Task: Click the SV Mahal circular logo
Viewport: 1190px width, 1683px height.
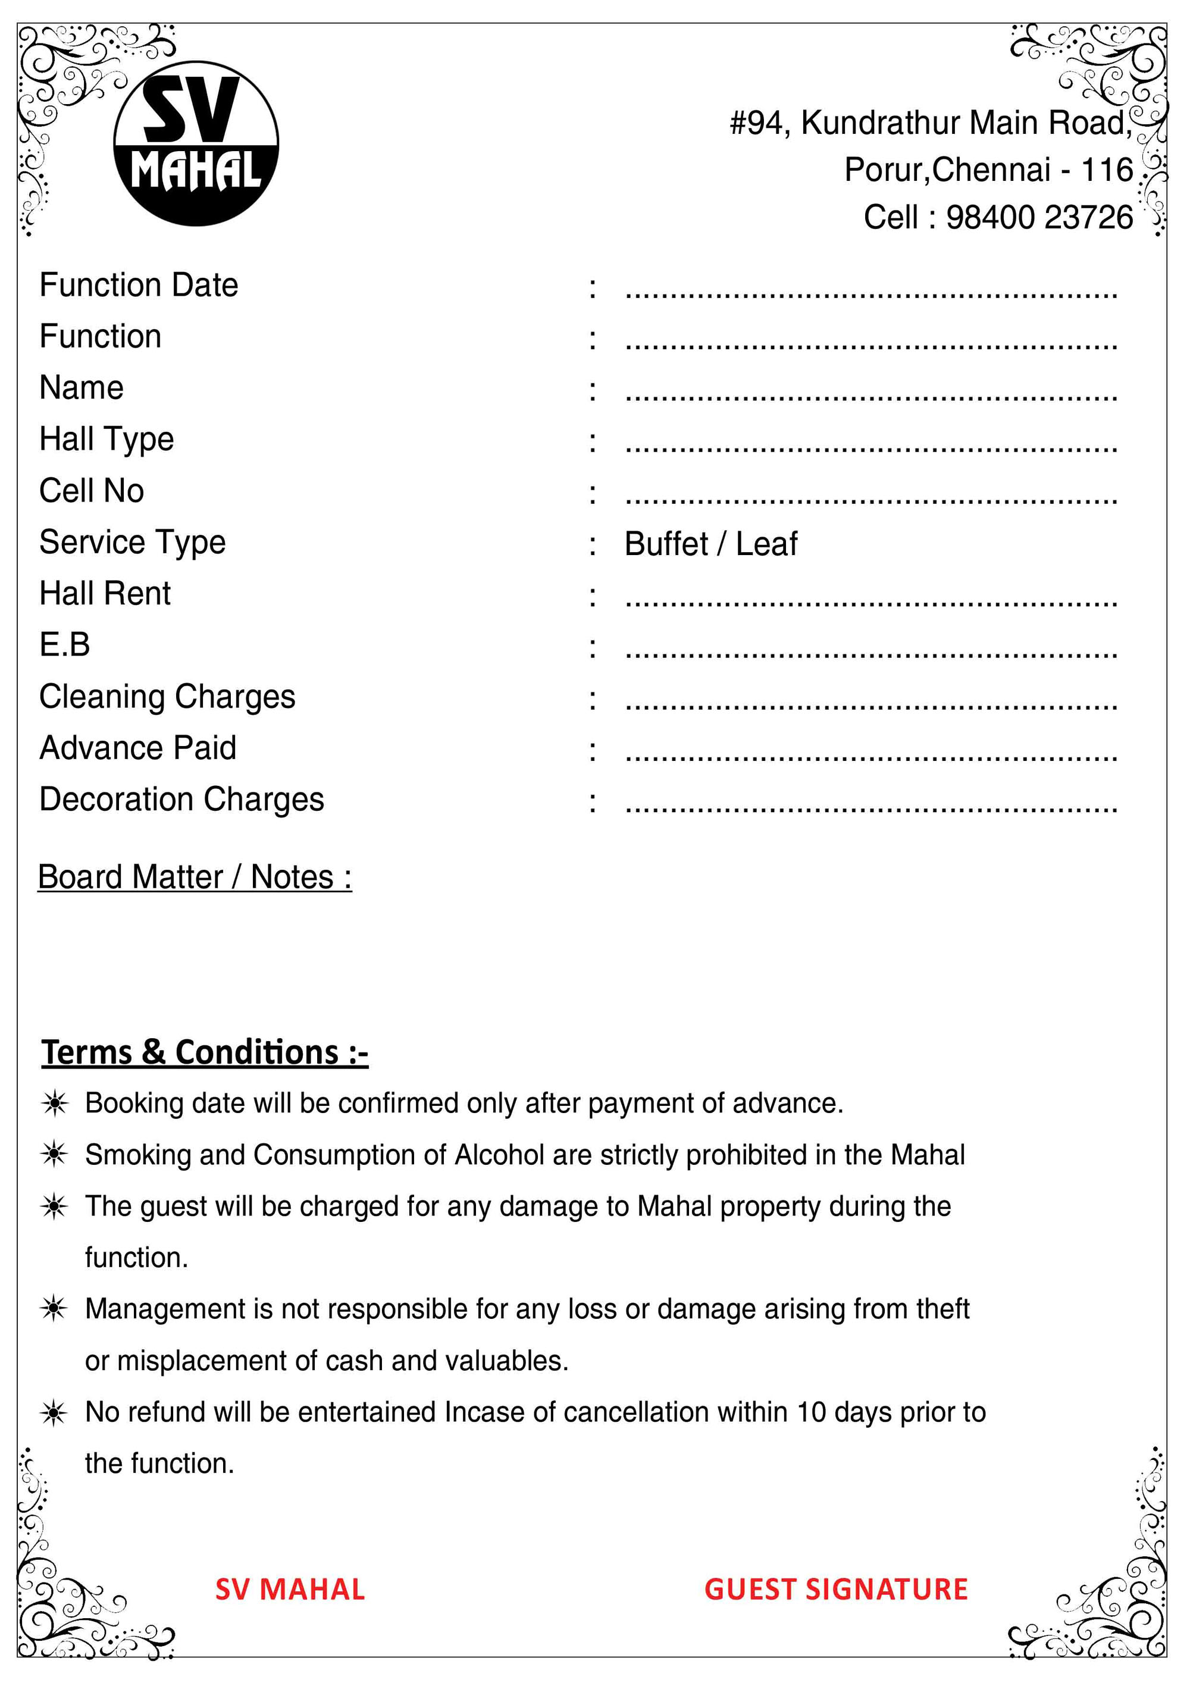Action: (196, 143)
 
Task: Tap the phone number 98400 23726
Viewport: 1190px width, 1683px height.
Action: (1039, 218)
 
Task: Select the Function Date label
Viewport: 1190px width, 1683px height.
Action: (139, 285)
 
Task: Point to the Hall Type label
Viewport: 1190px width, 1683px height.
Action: (107, 439)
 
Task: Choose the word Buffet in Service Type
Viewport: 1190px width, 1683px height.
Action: (666, 544)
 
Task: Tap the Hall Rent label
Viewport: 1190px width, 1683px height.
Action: (105, 593)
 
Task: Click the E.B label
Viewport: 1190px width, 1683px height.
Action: (64, 645)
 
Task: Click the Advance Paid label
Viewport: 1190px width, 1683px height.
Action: (138, 748)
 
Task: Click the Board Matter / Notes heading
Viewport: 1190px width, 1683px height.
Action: (195, 877)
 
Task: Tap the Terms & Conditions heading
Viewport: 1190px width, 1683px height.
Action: (205, 1052)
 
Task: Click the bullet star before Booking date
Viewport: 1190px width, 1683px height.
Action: (54, 1103)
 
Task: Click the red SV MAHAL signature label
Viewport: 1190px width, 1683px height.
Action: (290, 1589)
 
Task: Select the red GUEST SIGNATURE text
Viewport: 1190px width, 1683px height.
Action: (836, 1589)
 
